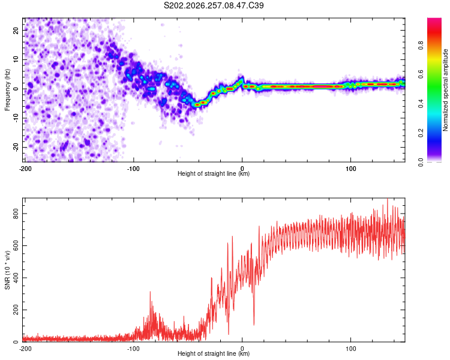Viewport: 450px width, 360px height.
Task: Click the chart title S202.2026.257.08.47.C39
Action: coord(214,5)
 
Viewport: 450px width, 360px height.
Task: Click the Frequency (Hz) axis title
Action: coord(7,90)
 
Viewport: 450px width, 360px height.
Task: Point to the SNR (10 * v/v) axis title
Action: coord(7,270)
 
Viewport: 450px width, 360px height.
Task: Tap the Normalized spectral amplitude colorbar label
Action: coord(445,90)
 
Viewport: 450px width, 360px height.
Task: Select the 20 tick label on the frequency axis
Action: coord(16,30)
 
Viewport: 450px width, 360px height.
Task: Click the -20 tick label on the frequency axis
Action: coord(16,147)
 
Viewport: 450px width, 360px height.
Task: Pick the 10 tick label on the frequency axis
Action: coord(16,59)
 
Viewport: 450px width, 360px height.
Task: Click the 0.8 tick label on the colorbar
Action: coord(421,46)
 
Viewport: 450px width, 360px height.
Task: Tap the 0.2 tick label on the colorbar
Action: coord(421,133)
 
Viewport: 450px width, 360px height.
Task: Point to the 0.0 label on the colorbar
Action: coord(421,162)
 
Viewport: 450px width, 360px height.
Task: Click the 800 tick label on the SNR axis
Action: coord(16,214)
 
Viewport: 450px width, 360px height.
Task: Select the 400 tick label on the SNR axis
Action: coord(16,278)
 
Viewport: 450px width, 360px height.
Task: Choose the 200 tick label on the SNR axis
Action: coord(16,310)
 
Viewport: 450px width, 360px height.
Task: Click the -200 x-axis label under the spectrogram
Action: coord(25,169)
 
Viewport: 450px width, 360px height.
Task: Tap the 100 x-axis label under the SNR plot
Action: coord(351,349)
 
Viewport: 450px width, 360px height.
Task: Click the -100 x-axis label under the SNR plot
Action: coord(133,349)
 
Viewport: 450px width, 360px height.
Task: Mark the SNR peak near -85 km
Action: coord(150,292)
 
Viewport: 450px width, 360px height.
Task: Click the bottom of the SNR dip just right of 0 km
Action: coord(254,325)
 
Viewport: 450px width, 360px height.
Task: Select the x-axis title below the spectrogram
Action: coord(214,173)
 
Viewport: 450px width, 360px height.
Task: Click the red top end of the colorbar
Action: coord(434,20)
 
